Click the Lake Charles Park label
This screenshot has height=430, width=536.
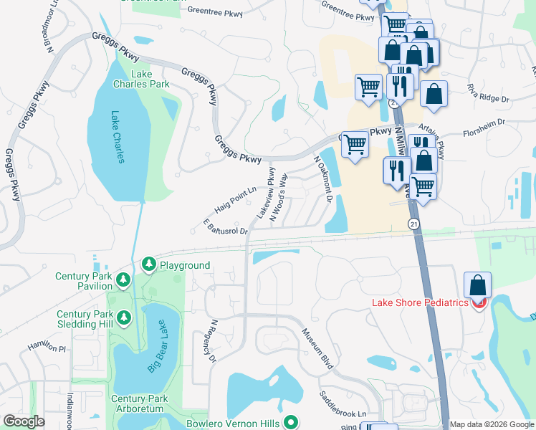141,79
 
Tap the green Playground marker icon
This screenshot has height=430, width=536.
149,265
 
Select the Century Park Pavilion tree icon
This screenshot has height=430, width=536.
124,279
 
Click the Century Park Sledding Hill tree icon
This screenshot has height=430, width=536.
124,316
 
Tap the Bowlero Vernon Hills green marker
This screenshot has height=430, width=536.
290,423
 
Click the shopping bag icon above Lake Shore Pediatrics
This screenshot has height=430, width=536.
477,285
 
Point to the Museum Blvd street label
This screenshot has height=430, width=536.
317,349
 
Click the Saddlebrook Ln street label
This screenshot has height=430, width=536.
343,406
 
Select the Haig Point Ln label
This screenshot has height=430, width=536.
235,200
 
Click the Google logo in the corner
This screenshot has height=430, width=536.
24,421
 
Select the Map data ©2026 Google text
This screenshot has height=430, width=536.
492,424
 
